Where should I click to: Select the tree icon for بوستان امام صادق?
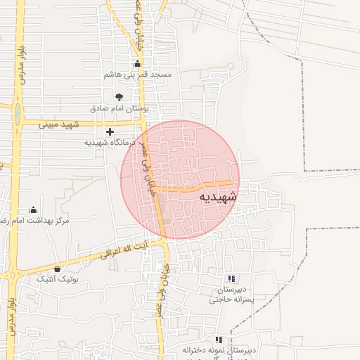tap(117, 98)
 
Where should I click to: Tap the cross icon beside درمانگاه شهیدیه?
tap(110, 131)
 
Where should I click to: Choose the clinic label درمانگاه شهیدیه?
tap(109, 141)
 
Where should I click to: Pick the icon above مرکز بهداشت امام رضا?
tap(33, 210)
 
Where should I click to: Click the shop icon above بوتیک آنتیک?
tap(57, 269)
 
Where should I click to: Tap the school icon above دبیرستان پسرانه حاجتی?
tap(233, 279)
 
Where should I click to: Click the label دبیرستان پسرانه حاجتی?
tap(233, 295)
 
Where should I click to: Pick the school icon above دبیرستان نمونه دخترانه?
tap(219, 340)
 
